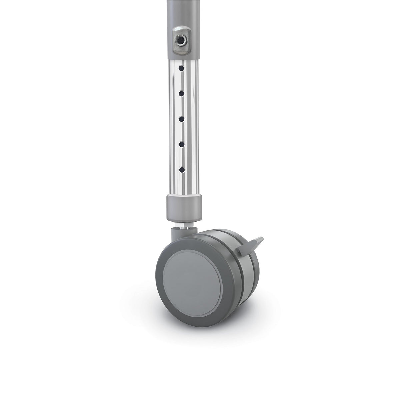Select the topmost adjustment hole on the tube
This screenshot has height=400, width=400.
click(181, 68)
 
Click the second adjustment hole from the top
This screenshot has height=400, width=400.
click(181, 94)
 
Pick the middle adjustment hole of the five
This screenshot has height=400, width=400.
click(181, 119)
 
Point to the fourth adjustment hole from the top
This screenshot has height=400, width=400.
click(181, 144)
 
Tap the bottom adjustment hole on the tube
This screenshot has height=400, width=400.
click(181, 170)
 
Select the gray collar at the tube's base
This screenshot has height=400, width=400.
click(184, 208)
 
